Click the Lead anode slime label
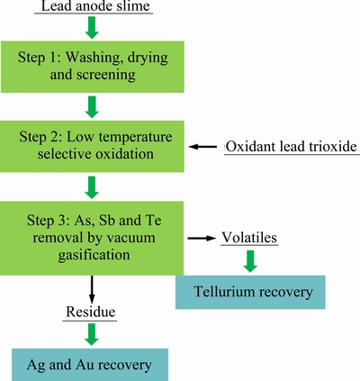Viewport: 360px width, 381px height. (95, 6)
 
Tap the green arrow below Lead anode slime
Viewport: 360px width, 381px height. (92, 28)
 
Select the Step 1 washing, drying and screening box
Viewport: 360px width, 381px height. (93, 67)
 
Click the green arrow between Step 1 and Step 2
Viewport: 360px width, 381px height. (92, 107)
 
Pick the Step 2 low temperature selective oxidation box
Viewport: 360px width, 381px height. (92, 146)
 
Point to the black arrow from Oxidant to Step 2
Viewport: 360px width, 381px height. (202, 147)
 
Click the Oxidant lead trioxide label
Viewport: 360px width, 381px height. (292, 147)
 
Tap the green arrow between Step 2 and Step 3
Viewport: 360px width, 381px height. (92, 187)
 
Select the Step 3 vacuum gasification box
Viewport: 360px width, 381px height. (92, 238)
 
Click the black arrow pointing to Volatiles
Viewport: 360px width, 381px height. (202, 238)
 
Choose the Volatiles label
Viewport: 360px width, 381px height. (249, 238)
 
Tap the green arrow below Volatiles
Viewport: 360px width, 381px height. (250, 261)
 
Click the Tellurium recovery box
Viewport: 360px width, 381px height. (250, 292)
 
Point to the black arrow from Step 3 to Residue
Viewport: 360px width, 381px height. (92, 290)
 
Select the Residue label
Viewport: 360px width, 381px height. (91, 312)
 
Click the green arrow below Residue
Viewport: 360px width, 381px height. (92, 334)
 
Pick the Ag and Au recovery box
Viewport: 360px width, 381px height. (90, 365)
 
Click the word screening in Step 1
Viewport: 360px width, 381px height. (106, 75)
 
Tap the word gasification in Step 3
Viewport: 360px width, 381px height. (94, 255)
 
